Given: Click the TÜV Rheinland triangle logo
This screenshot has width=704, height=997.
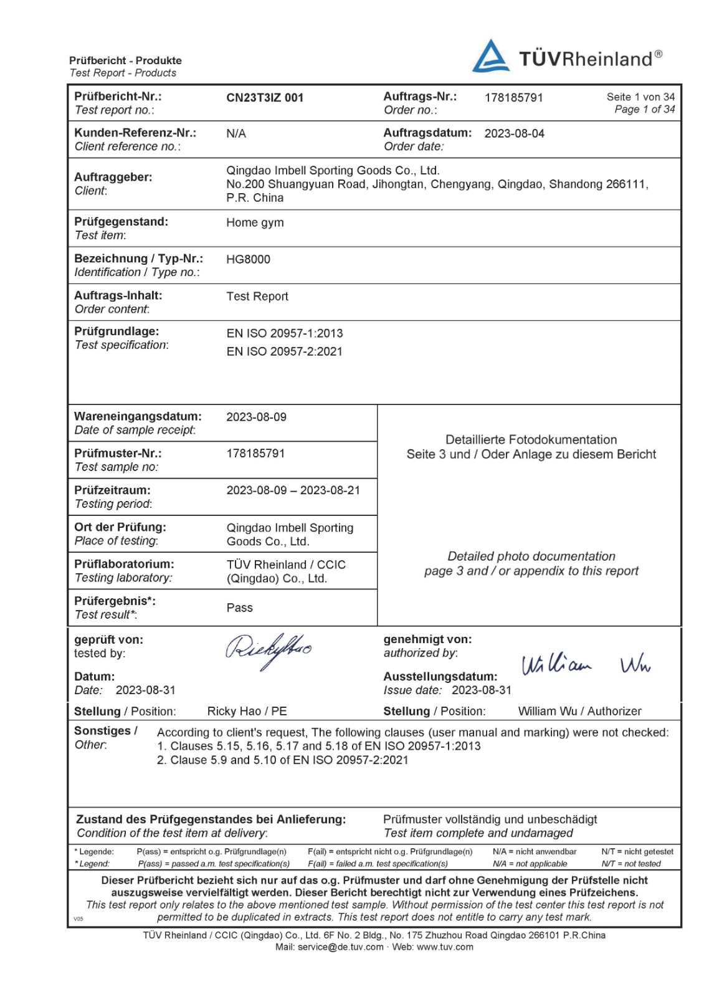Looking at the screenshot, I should pos(491,57).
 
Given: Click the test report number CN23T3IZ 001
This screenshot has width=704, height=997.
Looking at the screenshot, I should pos(265,98).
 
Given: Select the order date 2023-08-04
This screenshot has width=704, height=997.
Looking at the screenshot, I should pos(514,133).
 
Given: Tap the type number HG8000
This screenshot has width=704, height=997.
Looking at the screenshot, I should pos(248,259).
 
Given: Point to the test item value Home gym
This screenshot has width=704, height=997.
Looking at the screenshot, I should pos(255,222).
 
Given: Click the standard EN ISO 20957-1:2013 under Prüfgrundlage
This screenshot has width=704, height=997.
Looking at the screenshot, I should pos(285,333).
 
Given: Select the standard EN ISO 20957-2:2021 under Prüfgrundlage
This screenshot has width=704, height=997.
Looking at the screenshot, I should pos(285,351).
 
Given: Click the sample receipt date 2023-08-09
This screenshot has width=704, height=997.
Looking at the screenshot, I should pos(256,417).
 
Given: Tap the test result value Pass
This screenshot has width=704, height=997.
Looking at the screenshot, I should pos(239,608).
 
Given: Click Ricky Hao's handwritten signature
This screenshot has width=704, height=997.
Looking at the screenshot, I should pos(268,650).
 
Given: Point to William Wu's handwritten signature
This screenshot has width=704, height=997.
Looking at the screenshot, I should pos(586,665).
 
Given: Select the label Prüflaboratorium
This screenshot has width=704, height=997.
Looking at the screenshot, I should pos(124,564).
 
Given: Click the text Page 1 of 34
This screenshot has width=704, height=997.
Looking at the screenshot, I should pos(644,110).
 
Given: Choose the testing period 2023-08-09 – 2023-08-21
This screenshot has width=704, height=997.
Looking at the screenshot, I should pos(293,490).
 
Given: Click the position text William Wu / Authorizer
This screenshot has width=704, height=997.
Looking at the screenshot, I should pos(579,711).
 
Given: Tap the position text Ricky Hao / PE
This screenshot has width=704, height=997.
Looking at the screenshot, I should pos(247,711).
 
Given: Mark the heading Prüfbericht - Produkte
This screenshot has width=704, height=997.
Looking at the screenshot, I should pos(125,60).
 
